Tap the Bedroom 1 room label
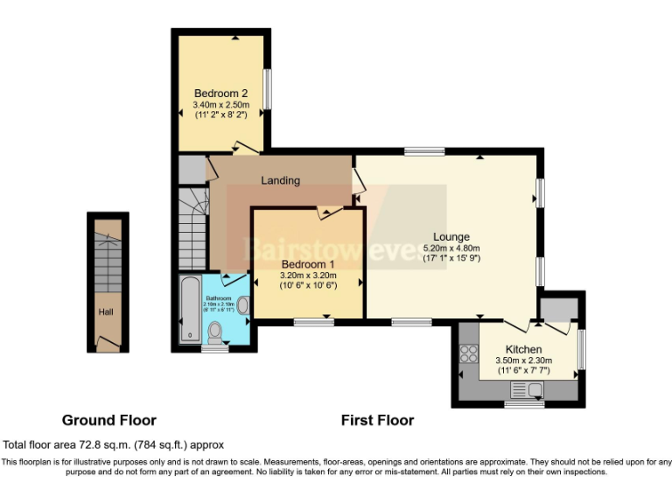(x=307, y=263)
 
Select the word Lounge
(x=451, y=236)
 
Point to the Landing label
(x=280, y=180)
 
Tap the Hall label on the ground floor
(x=105, y=311)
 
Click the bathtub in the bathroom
(x=189, y=310)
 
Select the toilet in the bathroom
(x=215, y=332)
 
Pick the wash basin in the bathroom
(x=242, y=305)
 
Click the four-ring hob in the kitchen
(x=468, y=354)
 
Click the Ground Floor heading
(x=108, y=420)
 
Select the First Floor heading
(x=377, y=420)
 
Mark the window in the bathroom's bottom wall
(x=214, y=348)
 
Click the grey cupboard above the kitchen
(x=557, y=308)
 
